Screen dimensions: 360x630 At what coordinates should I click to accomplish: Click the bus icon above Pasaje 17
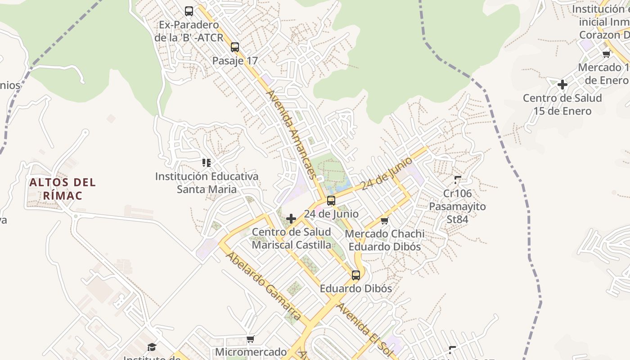[x=234, y=47]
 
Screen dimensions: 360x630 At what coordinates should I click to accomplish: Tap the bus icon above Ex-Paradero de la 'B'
[x=189, y=11]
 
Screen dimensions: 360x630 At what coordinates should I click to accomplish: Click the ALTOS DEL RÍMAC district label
[x=63, y=189]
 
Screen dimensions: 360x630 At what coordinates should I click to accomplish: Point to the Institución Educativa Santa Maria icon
[x=207, y=162]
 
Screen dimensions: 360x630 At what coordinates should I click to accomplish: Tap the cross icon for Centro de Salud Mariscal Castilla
[x=291, y=219]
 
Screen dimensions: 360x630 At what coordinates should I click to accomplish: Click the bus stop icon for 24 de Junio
[x=331, y=201]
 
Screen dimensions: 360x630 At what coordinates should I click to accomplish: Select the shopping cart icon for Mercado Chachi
[x=384, y=220]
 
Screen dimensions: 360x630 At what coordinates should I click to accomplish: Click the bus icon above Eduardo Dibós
[x=356, y=275]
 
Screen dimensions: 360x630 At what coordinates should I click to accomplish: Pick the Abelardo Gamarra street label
[x=263, y=286]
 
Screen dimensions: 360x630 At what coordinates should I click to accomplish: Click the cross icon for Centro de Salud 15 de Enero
[x=562, y=85]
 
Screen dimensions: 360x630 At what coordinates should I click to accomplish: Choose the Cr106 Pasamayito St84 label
[x=457, y=207]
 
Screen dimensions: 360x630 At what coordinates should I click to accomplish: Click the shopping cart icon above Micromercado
[x=251, y=339]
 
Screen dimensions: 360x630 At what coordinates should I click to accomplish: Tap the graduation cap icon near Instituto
[x=152, y=347]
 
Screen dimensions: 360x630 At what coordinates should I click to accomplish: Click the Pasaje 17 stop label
[x=235, y=61]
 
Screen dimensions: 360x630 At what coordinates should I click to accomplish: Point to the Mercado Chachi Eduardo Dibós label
[x=384, y=240]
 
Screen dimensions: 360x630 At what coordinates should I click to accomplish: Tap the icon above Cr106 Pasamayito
[x=458, y=180]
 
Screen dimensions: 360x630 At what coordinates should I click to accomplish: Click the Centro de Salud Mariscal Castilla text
[x=291, y=238]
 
